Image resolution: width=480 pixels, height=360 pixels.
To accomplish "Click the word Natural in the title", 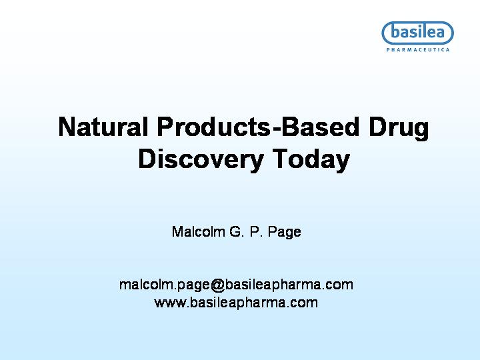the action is pyautogui.click(x=103, y=127).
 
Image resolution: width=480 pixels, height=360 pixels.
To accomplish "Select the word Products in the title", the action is pyautogui.click(x=214, y=127).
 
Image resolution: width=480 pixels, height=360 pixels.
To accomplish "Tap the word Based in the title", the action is pyautogui.click(x=320, y=127).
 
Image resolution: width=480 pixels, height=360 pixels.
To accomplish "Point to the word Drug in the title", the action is pyautogui.click(x=399, y=129).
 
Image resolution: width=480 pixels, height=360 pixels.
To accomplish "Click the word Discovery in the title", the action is pyautogui.click(x=201, y=160).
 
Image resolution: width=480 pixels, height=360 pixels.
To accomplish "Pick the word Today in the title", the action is pyautogui.click(x=311, y=160).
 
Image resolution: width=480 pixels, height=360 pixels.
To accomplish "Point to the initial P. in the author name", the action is pyautogui.click(x=256, y=231).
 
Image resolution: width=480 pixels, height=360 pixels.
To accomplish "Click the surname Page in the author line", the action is pyautogui.click(x=285, y=233).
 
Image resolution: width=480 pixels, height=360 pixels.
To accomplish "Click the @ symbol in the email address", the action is pyautogui.click(x=217, y=285).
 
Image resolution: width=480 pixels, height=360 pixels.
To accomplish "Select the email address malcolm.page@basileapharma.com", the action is pyautogui.click(x=236, y=285).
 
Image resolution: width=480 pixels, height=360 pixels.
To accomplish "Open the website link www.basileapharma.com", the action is pyautogui.click(x=236, y=303).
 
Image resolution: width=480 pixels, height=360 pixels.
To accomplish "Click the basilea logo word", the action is pyautogui.click(x=417, y=32).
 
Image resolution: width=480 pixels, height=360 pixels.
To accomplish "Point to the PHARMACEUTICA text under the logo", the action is pyautogui.click(x=418, y=49).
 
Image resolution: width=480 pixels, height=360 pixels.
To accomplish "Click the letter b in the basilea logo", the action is pyautogui.click(x=395, y=32).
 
